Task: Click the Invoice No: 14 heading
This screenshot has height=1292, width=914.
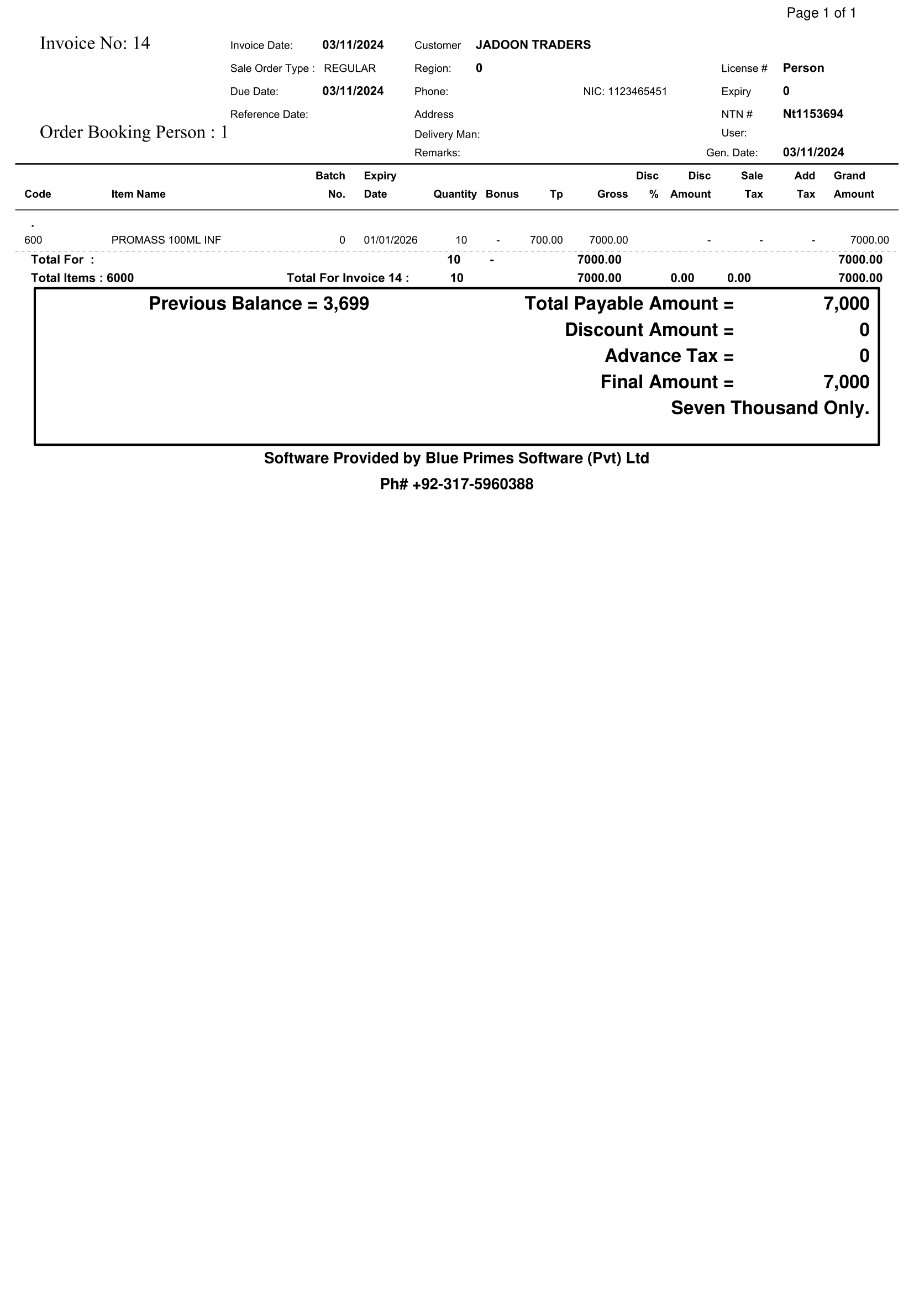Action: pos(94,43)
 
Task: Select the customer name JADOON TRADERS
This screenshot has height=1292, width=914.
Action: pos(532,45)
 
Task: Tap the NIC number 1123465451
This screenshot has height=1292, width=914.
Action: pos(637,92)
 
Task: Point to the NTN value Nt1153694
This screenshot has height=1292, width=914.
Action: pos(812,114)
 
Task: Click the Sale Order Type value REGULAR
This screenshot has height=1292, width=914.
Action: pos(349,68)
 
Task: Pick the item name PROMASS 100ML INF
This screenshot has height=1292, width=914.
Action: pos(166,240)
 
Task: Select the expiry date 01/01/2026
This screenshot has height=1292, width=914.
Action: pos(390,240)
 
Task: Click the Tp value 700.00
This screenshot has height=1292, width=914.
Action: pos(546,240)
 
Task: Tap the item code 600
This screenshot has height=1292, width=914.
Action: pos(33,240)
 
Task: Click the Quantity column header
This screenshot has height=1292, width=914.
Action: pos(454,194)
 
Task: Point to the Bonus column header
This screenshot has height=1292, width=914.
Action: pos(501,194)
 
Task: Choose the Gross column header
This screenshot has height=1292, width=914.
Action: pos(612,194)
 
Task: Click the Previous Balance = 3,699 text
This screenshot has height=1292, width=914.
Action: pos(258,304)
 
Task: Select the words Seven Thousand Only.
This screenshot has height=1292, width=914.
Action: pos(769,408)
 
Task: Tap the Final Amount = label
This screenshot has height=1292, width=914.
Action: pos(666,382)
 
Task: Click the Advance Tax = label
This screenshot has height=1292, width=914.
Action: pos(669,356)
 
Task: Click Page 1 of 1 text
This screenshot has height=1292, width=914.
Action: pos(821,13)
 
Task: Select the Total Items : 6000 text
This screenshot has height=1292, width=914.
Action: pos(82,278)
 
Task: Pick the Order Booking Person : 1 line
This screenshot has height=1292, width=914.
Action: pos(133,132)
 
